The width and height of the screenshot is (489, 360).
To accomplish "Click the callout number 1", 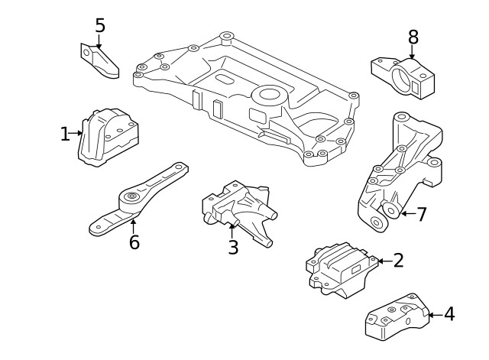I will pos(65,135).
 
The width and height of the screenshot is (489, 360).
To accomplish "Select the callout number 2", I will pos(397,261).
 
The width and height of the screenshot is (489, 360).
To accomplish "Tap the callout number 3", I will pos(233,247).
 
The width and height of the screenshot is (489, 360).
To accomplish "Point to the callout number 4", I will pos(449,313).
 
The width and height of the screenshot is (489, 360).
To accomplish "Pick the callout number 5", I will pos(100,25).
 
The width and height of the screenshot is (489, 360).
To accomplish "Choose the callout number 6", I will pos(134,243).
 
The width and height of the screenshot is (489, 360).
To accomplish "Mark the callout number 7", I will pos(420,214).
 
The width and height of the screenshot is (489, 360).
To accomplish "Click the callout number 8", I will pos(413,36).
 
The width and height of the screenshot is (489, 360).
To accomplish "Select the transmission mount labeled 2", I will pos(340,267).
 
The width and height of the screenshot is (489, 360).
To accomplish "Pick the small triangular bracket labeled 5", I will pos(100,60).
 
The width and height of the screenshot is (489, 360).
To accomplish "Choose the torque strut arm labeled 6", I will pos(138,200).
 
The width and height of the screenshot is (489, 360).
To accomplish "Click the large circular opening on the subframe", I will pos(269,96).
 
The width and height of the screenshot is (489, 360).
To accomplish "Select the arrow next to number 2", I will pos(383,261).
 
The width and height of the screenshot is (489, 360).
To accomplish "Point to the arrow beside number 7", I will pos(406,214).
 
